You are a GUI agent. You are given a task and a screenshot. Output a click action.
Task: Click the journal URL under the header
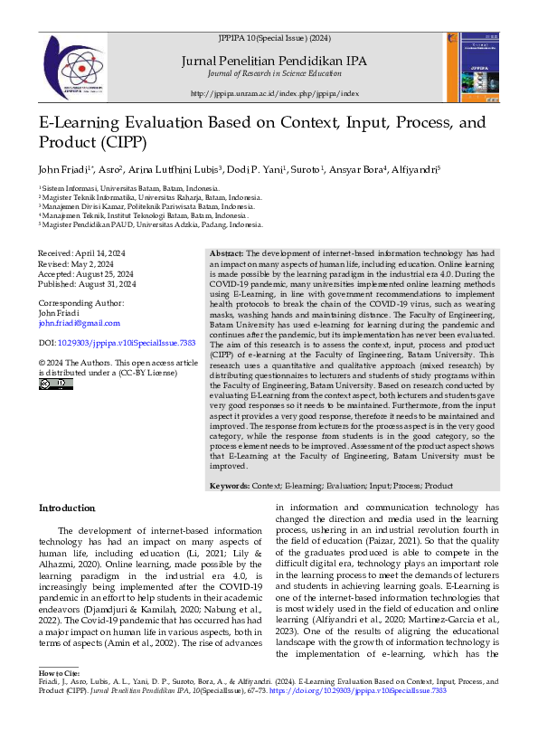tap(275, 93)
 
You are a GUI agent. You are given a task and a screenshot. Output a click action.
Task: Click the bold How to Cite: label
tap(61, 673)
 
